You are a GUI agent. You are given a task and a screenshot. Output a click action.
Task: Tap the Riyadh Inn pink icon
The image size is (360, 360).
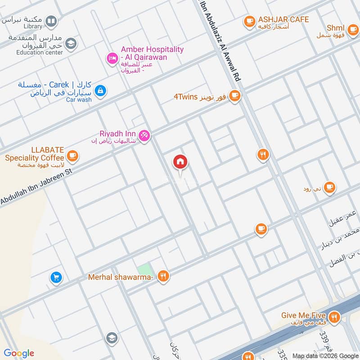pyautogui.click(x=144, y=135)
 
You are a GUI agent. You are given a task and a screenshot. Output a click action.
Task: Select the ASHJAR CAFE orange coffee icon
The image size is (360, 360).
pyautogui.click(x=249, y=21)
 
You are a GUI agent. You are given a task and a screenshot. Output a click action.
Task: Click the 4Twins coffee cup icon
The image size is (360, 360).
pyautogui.click(x=234, y=95)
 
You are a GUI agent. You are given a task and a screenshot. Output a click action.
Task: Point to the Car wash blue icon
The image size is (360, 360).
pyautogui.click(x=100, y=90)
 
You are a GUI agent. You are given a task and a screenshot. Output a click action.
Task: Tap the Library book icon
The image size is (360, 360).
pyautogui.click(x=52, y=21)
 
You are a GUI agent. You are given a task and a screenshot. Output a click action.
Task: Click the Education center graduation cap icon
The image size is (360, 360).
pyautogui.click(x=70, y=44)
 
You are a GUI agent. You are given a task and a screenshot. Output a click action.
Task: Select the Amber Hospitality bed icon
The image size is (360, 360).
pyautogui.click(x=112, y=58)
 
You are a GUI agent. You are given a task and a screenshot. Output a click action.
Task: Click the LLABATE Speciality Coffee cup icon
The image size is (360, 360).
pyautogui.click(x=72, y=156)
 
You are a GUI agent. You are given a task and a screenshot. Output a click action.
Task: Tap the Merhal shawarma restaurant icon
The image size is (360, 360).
pyautogui.click(x=164, y=277)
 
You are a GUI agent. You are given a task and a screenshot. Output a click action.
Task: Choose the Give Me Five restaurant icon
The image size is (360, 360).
pyautogui.click(x=333, y=318)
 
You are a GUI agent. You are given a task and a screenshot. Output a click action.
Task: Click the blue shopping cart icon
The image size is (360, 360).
pyautogui.click(x=56, y=277)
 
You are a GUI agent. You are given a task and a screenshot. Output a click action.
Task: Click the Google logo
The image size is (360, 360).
pyautogui.click(x=19, y=353)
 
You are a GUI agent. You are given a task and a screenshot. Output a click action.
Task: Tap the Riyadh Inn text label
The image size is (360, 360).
pyautogui.click(x=118, y=133)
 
